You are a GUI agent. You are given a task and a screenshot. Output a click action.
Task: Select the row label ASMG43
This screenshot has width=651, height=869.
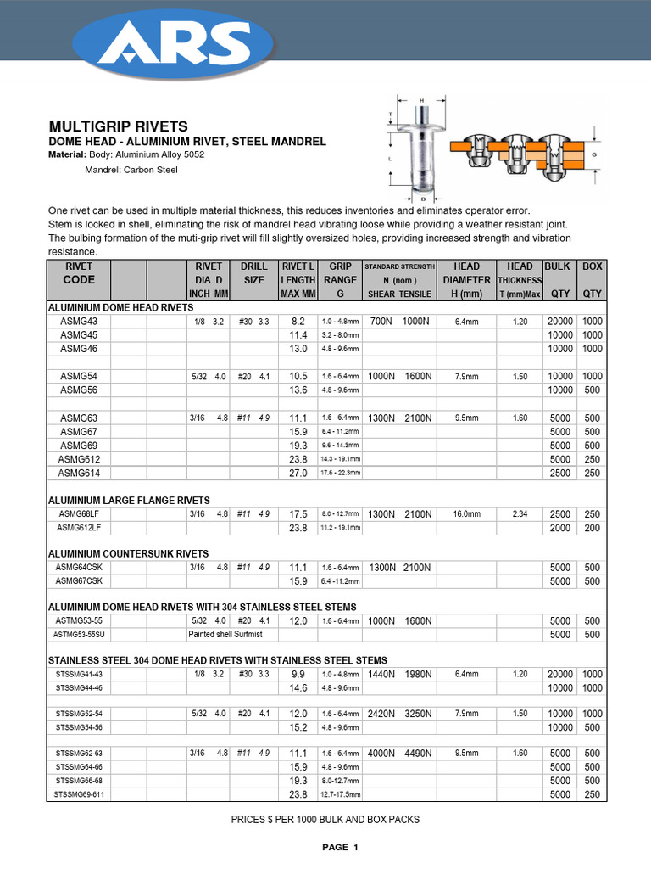tap(79, 322)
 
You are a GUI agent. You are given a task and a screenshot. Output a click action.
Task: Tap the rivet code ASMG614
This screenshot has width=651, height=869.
tap(79, 473)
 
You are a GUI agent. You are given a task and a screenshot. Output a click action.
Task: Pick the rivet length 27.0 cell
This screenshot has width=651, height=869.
tap(298, 474)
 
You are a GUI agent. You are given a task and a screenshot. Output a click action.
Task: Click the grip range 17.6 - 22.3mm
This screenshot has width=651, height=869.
tap(341, 474)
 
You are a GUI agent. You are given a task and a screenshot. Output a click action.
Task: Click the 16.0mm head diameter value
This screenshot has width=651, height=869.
tap(466, 514)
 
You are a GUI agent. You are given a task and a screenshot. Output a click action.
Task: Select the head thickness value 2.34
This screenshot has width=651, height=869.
tap(520, 514)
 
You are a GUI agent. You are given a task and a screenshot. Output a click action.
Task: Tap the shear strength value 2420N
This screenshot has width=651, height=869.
tap(381, 715)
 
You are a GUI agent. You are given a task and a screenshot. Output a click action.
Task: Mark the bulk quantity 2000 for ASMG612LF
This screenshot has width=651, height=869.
tap(559, 528)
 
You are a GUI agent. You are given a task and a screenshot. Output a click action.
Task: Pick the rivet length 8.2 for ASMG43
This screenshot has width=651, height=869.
tap(298, 322)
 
